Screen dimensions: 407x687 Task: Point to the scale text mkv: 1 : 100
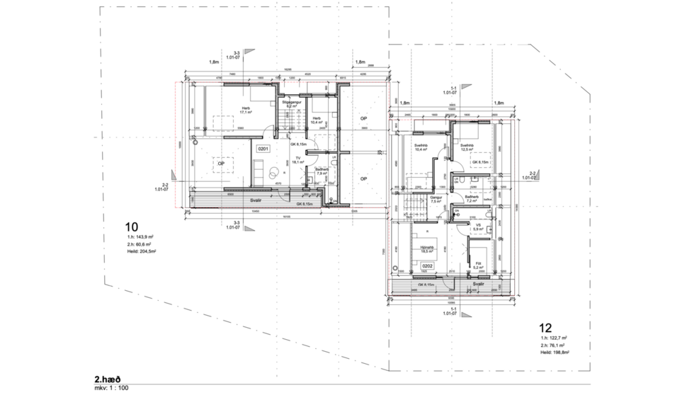111,388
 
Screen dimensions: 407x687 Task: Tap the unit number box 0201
263,149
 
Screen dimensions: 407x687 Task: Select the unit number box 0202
427,266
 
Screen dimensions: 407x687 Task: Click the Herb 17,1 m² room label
246,110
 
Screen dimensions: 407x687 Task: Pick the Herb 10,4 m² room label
316,120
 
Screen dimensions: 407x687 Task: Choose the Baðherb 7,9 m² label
322,171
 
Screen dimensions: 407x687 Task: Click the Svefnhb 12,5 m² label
467,148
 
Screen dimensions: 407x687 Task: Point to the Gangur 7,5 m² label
436,200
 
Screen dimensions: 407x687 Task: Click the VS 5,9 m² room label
478,227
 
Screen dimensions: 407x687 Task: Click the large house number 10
130,227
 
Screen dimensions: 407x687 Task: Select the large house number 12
545,328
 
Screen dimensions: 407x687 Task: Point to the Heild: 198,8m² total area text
555,351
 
